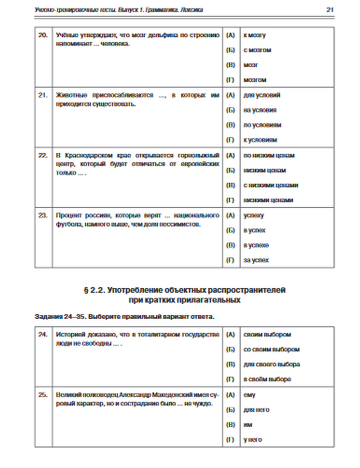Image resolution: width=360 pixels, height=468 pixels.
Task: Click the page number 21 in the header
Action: point(330,10)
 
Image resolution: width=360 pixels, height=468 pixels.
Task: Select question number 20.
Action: point(43,35)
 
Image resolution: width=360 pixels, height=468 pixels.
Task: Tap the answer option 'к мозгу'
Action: point(255,35)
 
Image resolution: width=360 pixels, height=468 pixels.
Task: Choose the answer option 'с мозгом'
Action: point(257,50)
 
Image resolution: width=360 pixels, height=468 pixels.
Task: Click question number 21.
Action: point(43,95)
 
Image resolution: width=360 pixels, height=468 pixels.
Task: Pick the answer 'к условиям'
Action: point(260,140)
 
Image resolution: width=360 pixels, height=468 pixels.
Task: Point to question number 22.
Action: point(43,156)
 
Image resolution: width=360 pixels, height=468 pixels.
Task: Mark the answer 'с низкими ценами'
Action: point(271,185)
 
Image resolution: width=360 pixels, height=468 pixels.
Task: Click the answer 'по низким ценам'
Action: point(269,156)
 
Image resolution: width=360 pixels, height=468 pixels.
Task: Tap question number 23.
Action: point(43,216)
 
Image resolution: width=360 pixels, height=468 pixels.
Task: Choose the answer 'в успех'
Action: point(255,230)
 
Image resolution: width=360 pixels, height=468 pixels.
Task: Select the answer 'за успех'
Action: point(256,260)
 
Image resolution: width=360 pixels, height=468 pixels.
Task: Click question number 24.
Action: point(43,335)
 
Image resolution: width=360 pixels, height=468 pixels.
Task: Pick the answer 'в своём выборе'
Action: point(267,379)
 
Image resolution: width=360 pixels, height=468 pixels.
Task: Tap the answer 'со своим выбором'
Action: point(271,350)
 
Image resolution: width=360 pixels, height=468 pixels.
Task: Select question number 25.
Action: point(43,395)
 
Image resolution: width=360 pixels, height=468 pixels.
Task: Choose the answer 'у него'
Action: point(253,440)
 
